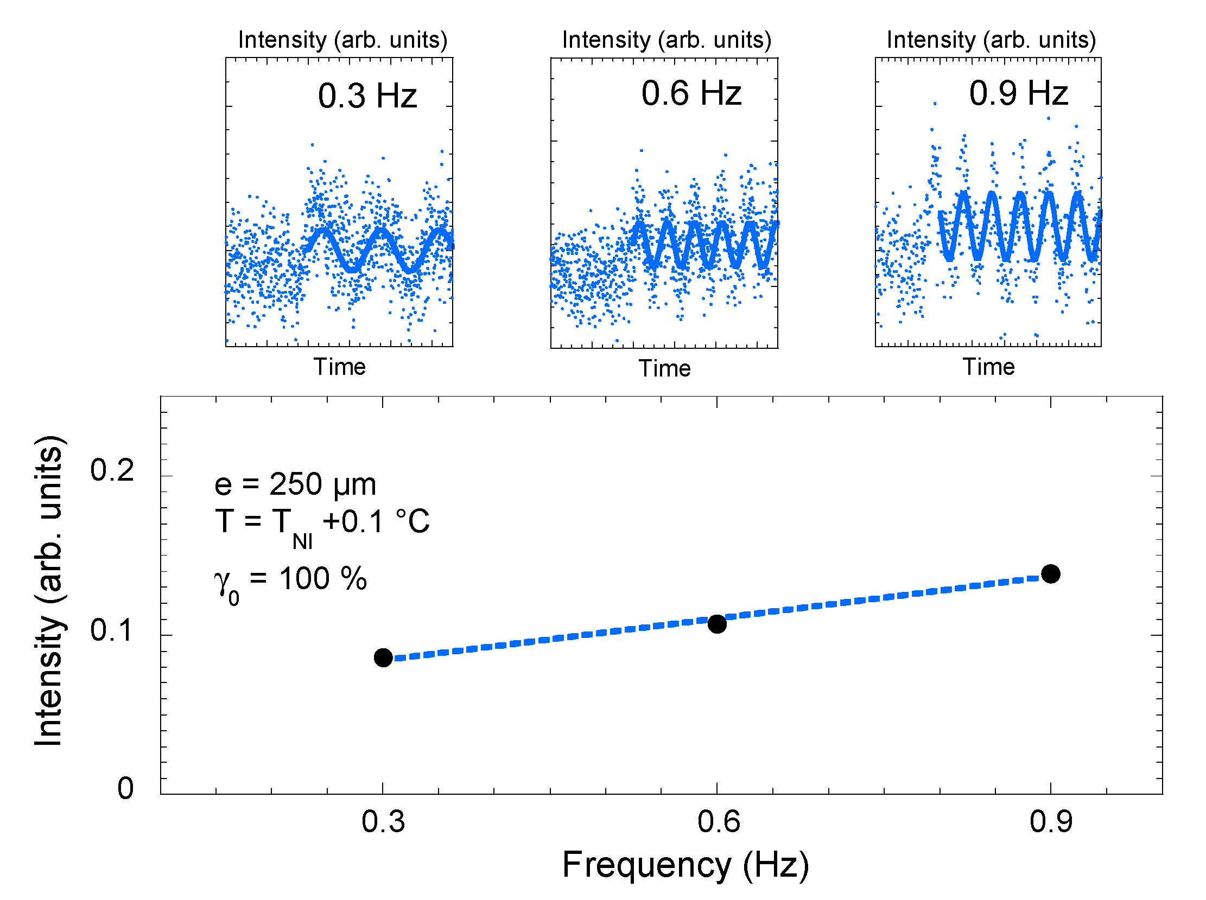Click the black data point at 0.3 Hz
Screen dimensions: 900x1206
[x=383, y=657]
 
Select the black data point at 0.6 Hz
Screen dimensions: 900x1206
[x=716, y=623]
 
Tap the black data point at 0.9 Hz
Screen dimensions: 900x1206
[x=1050, y=573]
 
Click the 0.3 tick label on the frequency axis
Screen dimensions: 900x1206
[x=383, y=821]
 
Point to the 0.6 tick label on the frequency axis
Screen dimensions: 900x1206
[x=718, y=821]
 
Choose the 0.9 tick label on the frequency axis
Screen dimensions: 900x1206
[x=1050, y=821]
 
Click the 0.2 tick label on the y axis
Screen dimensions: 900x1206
[x=111, y=470]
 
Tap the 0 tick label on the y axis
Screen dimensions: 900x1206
[x=125, y=788]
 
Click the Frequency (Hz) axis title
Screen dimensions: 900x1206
[x=684, y=865]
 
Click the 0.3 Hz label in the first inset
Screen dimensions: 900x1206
[x=367, y=96]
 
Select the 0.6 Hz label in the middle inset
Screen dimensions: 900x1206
[x=690, y=93]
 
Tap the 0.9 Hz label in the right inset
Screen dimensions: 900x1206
[x=1018, y=93]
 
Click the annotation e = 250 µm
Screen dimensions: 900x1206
[x=295, y=484]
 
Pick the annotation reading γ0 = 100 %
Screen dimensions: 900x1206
[x=290, y=580]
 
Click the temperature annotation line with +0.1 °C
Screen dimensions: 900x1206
[x=321, y=522]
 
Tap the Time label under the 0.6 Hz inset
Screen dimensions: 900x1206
[x=664, y=368]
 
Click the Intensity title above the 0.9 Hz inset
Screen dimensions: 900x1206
[x=990, y=40]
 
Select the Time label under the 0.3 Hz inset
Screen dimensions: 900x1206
[x=339, y=367]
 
